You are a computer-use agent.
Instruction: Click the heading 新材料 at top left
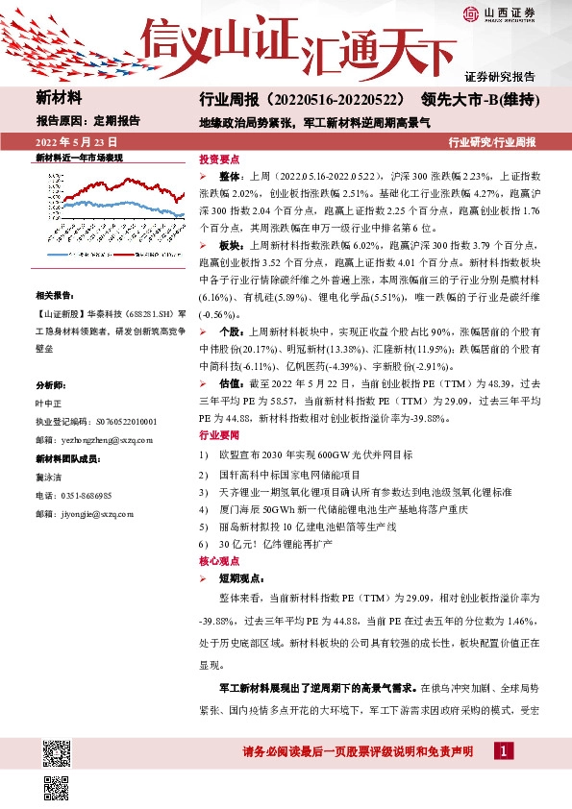pos(59,98)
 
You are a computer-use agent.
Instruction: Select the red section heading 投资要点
pos(217,158)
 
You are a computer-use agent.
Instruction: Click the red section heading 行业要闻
pos(217,407)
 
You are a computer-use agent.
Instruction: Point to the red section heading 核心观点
pos(217,559)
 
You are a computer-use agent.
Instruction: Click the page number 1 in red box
pos(503,749)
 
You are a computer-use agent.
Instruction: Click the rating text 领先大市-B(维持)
pos(477,99)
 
